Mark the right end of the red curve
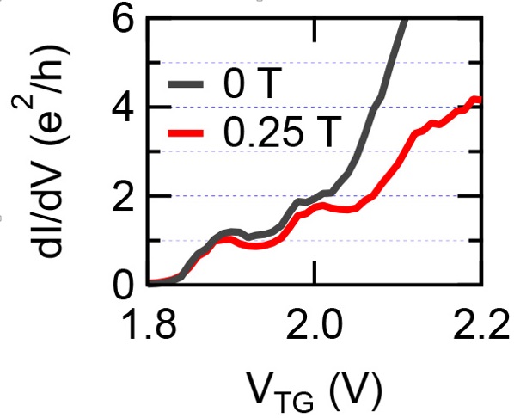pos(480,101)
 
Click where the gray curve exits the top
pos(403,19)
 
